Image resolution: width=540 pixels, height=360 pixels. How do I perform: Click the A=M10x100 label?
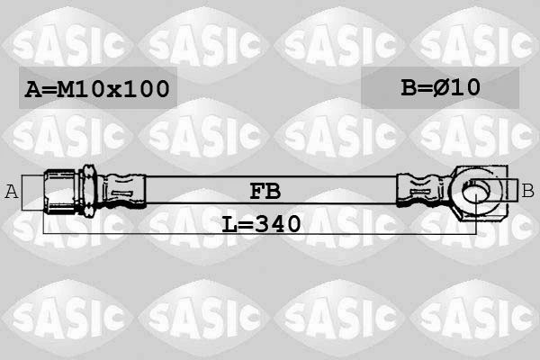click(x=96, y=89)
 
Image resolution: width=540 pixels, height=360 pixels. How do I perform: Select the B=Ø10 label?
click(x=440, y=87)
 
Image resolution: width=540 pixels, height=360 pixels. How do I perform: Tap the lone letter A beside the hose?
click(x=13, y=191)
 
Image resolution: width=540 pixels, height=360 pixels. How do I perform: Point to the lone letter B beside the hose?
click(x=527, y=190)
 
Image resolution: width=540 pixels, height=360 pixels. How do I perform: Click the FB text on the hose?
click(x=265, y=191)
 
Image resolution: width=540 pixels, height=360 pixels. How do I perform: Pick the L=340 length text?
click(x=261, y=222)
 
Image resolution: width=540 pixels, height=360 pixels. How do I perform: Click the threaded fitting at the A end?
click(x=60, y=191)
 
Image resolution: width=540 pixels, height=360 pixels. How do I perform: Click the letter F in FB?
click(x=256, y=191)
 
